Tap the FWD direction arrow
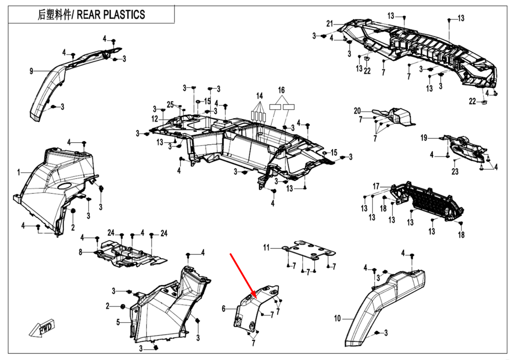(45, 328)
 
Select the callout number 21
(329, 24)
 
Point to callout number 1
(18, 173)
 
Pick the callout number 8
(80, 252)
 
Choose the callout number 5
(118, 322)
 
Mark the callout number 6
(223, 308)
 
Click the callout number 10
(337, 319)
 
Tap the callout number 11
(266, 248)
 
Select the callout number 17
(376, 186)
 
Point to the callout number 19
(423, 138)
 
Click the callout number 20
(357, 111)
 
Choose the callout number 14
(259, 96)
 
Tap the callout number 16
(281, 90)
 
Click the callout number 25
(170, 105)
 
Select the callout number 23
(455, 172)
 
